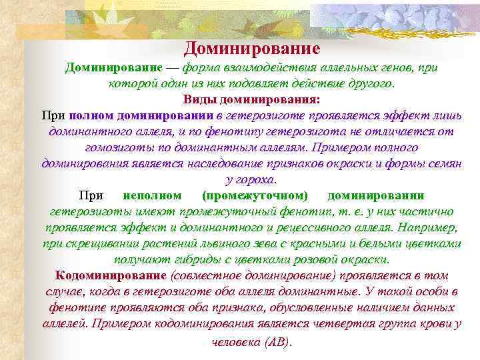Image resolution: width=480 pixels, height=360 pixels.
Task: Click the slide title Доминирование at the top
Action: click(252, 49)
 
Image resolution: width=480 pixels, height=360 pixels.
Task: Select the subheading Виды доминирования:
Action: click(251, 99)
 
